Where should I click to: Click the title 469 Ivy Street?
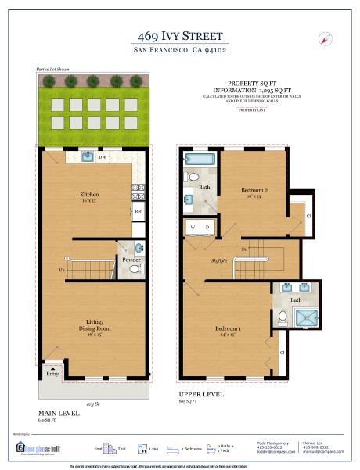(x=179, y=36)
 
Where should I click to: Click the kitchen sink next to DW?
(x=87, y=157)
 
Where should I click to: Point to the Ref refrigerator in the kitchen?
(x=138, y=211)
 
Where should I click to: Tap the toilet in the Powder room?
(x=135, y=269)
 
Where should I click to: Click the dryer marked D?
(x=207, y=228)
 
